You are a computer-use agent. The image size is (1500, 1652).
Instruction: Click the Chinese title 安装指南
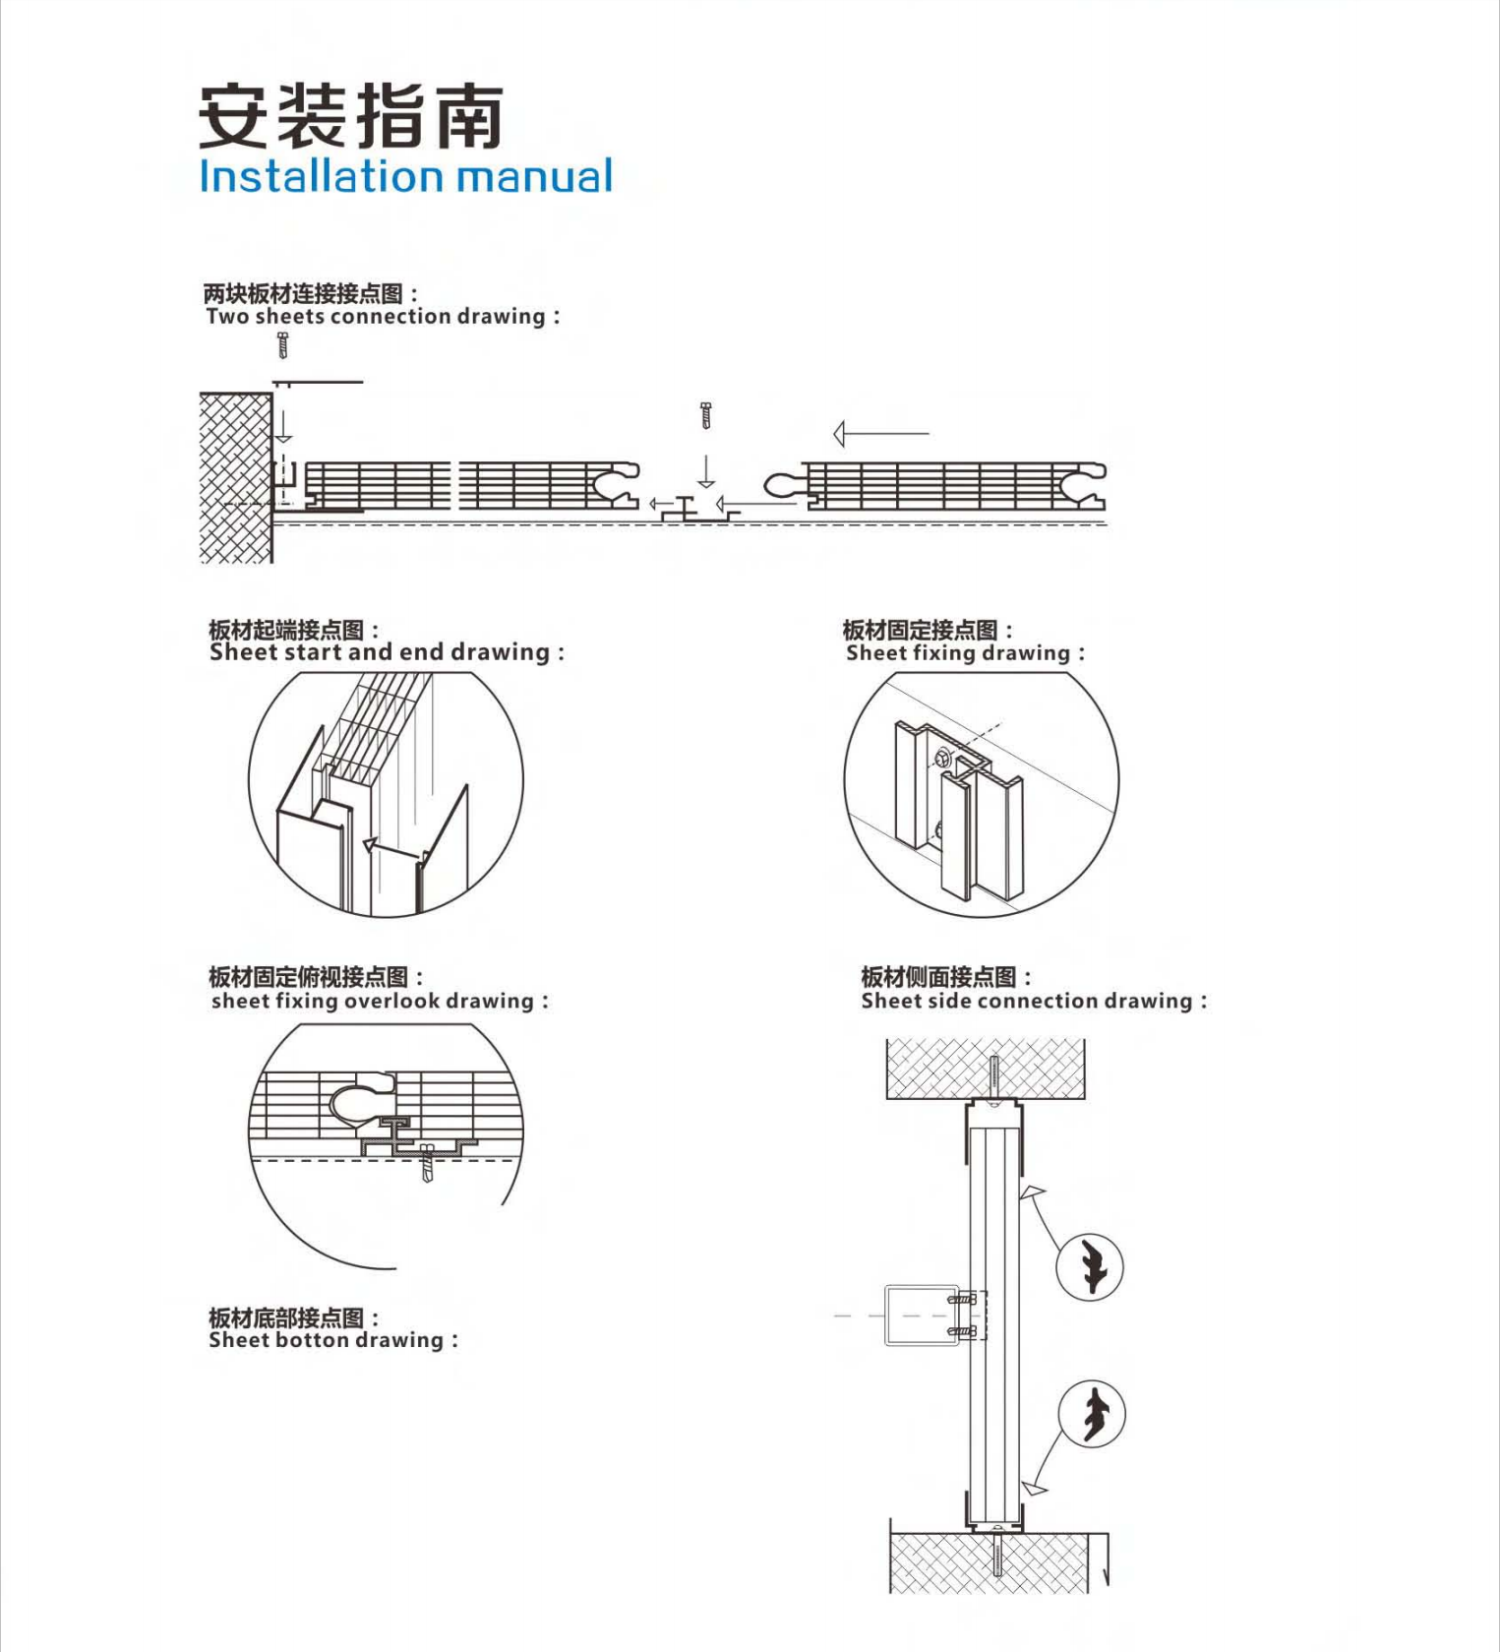350,117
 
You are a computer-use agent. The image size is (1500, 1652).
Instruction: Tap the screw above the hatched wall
283,345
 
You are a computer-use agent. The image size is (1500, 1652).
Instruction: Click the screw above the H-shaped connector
705,415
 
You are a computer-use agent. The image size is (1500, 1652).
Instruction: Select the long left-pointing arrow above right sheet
880,433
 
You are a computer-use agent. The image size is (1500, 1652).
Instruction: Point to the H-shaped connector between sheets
686,509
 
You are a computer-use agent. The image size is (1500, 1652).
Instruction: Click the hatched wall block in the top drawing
235,477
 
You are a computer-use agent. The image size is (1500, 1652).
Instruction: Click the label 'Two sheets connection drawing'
382,317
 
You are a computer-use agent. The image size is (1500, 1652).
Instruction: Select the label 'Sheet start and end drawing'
386,652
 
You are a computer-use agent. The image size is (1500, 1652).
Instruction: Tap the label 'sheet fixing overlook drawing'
379,1001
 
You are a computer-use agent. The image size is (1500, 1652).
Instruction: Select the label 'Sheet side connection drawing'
1033,1001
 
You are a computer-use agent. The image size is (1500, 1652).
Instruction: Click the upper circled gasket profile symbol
1090,1266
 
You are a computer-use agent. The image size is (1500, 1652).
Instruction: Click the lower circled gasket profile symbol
1092,1414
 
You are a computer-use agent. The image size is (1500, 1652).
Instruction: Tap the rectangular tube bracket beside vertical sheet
921,1315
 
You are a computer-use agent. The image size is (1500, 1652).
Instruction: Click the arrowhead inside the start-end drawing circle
371,844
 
